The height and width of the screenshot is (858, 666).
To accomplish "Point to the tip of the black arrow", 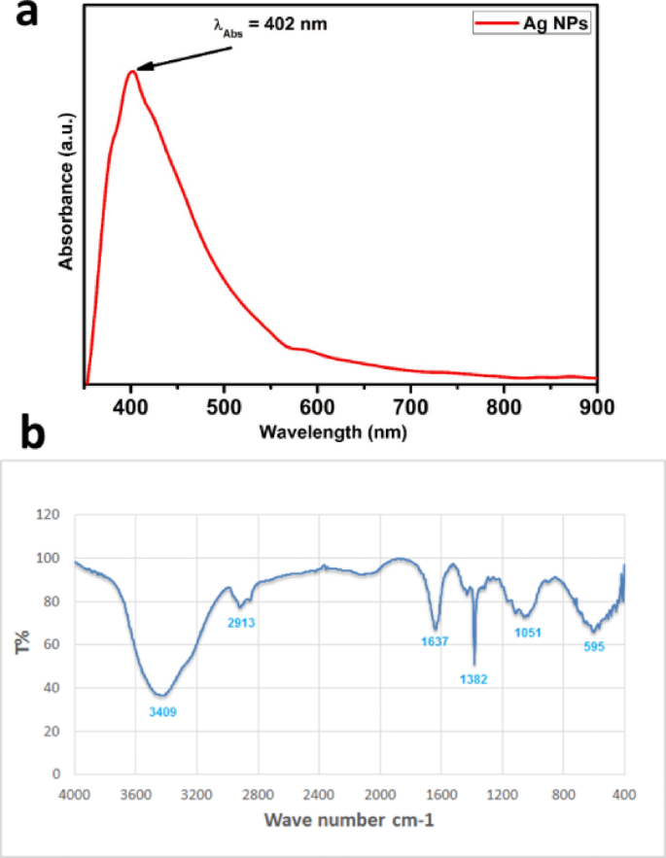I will pyautogui.click(x=137, y=69).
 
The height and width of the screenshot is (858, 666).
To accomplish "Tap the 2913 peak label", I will pyautogui.click(x=240, y=622).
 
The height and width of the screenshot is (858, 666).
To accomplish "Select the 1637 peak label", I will pyautogui.click(x=434, y=641).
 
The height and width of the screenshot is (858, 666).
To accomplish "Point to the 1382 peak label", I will pyautogui.click(x=473, y=679).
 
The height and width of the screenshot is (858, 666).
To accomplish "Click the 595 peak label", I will pyautogui.click(x=594, y=646).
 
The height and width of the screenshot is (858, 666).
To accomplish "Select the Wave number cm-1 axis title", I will pyautogui.click(x=349, y=822).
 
